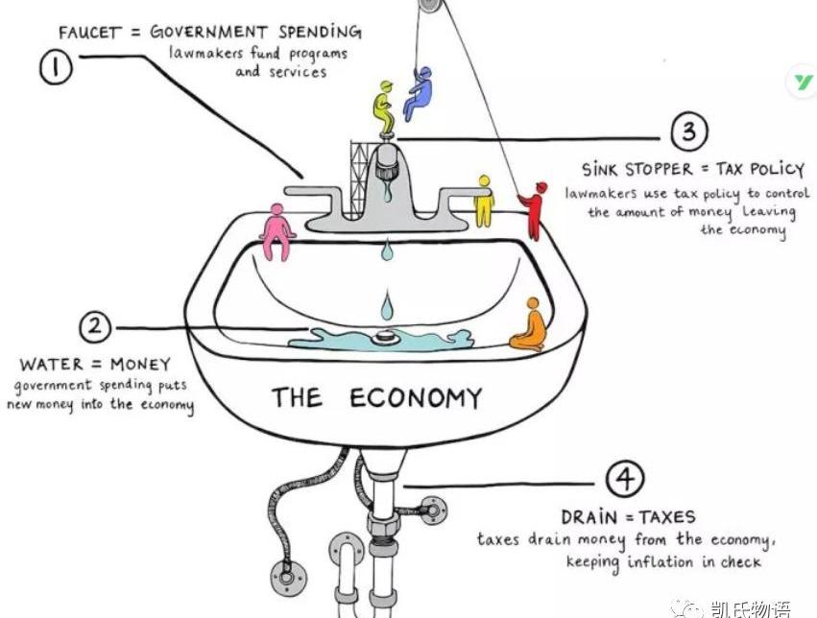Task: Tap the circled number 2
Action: click(x=94, y=327)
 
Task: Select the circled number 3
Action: click(x=688, y=132)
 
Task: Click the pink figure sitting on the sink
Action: click(x=278, y=231)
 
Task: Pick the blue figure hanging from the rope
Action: click(x=419, y=91)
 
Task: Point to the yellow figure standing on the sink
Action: click(x=483, y=200)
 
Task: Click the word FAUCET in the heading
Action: click(x=90, y=32)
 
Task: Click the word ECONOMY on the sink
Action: click(x=415, y=397)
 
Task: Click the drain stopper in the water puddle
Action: click(x=387, y=337)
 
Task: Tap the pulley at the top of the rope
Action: click(x=431, y=6)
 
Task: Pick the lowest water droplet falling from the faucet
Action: click(x=386, y=307)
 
